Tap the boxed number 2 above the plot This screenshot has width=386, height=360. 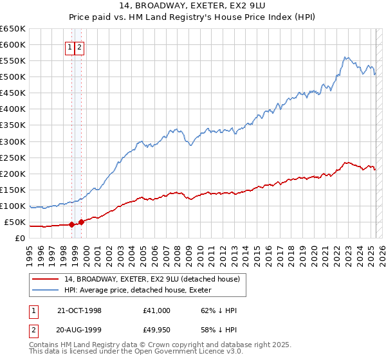79,47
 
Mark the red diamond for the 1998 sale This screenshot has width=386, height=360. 71,225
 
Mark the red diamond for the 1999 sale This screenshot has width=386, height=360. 81,222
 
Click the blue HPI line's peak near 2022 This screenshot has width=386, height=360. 345,57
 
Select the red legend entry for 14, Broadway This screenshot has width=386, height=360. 151,279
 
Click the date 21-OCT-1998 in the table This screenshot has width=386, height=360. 79,310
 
